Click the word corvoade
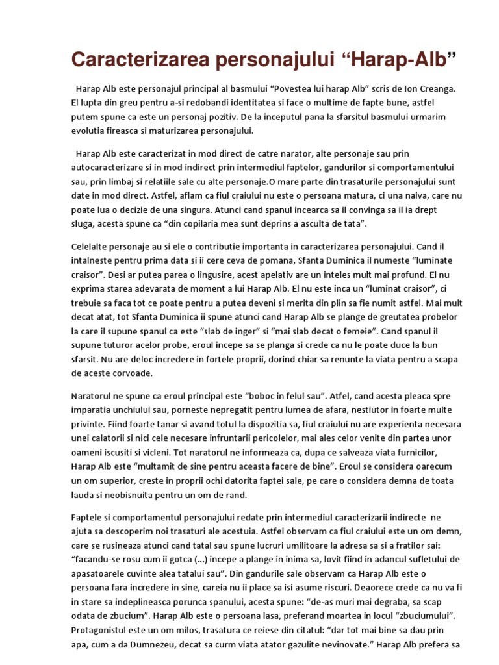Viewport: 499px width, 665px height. click(133, 373)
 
